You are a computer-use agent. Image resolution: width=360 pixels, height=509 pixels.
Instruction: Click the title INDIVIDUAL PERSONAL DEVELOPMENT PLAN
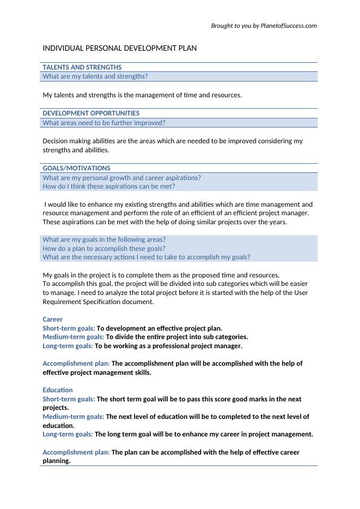pos(120,48)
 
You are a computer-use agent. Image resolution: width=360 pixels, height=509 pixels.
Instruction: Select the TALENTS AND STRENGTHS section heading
pos(82,67)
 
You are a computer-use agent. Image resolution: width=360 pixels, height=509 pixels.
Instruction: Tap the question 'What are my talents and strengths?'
pos(95,77)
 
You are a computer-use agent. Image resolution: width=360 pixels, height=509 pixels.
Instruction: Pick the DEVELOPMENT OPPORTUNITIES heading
pos(91,113)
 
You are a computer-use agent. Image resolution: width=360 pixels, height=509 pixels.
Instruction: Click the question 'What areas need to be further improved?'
pos(104,123)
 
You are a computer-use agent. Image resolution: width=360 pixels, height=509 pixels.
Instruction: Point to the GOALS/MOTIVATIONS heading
pos(76,168)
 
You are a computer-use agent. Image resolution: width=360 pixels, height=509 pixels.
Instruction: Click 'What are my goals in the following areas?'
pos(104,239)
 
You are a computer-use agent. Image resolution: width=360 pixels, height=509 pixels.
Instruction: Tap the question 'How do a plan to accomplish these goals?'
pos(104,248)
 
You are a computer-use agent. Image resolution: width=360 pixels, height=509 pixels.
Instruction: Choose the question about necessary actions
pos(146,257)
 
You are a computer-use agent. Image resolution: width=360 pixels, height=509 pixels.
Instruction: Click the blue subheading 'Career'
pos(53,319)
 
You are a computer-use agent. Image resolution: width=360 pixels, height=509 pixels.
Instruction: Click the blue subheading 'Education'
pos(57,390)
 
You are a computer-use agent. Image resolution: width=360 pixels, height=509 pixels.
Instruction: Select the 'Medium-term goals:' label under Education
pos(73,417)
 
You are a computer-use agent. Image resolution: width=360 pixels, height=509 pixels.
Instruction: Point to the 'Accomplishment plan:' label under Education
pos(76,452)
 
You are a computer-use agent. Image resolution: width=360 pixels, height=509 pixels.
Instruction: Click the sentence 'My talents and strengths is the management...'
pos(142,95)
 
